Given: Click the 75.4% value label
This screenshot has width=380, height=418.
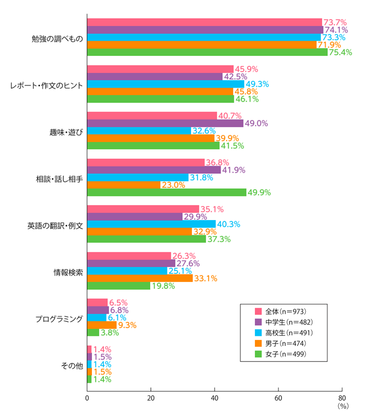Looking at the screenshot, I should (x=340, y=52).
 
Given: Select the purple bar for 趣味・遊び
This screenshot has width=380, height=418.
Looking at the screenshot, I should (x=165, y=123).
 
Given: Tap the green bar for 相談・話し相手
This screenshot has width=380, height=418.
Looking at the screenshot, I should (x=166, y=192).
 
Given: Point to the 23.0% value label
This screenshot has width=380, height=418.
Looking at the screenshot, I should (x=173, y=185).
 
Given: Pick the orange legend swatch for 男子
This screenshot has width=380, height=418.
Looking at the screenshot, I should (x=259, y=343).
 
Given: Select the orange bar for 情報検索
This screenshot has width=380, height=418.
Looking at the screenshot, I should (x=140, y=278).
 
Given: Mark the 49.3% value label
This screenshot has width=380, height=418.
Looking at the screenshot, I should (x=257, y=84).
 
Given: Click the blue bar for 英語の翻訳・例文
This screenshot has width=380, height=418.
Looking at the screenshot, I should (x=151, y=224).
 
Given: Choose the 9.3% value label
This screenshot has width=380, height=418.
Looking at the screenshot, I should (x=128, y=325).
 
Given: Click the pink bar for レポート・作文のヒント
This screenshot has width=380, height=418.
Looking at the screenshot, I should (x=160, y=69).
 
